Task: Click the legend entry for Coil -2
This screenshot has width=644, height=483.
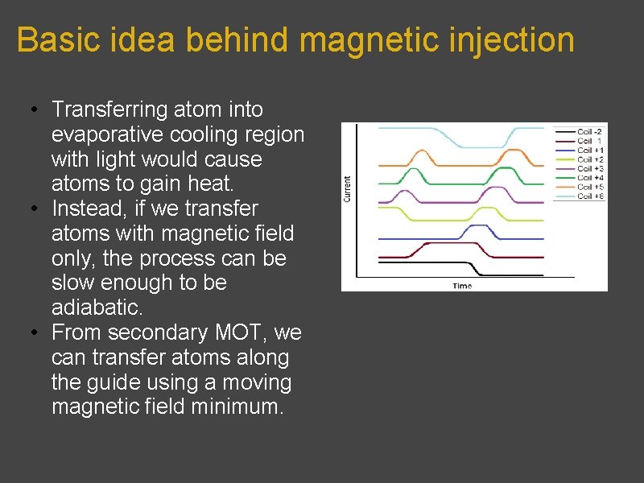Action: [x=589, y=130]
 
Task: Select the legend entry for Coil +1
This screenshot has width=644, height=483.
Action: [x=589, y=150]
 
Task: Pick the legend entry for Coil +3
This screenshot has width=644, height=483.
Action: [x=589, y=168]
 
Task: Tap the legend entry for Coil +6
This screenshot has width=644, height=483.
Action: [x=589, y=196]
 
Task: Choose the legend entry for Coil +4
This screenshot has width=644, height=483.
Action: [x=589, y=177]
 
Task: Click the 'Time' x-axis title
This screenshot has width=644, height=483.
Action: [x=462, y=286]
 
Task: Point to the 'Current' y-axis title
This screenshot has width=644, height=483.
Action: [x=348, y=189]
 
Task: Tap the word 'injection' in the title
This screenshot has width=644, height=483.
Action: [x=517, y=39]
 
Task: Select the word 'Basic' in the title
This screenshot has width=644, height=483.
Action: [x=51, y=39]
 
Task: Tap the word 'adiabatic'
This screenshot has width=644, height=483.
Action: [x=96, y=308]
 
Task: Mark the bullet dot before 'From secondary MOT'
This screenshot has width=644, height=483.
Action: [x=30, y=332]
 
